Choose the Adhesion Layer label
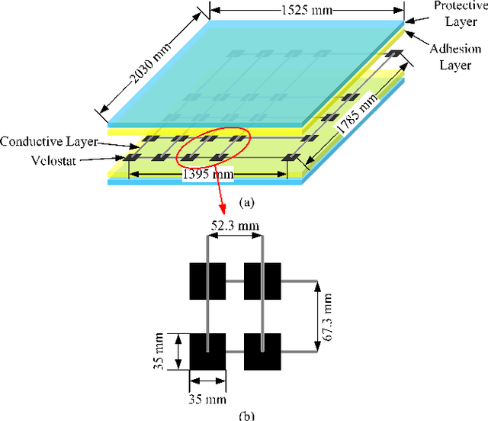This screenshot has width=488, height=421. (x=457, y=57)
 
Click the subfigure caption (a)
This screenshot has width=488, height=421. (x=244, y=204)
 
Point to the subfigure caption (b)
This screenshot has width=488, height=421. (x=244, y=416)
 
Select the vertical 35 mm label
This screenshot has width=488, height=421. (x=159, y=352)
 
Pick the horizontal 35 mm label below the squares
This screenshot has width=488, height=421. (x=207, y=397)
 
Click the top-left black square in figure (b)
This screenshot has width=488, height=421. (x=207, y=281)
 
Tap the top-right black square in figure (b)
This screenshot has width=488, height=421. (x=262, y=281)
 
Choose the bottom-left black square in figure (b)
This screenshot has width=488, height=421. (x=207, y=352)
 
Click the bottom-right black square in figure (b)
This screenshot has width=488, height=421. (x=262, y=352)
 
